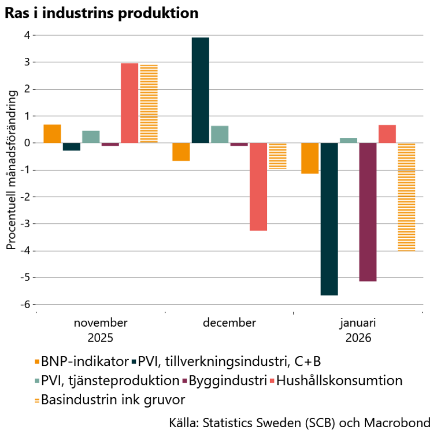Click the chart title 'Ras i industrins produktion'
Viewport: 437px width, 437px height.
[x=101, y=13]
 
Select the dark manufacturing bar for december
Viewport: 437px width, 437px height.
[x=201, y=90]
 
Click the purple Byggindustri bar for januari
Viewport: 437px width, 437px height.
[x=368, y=212]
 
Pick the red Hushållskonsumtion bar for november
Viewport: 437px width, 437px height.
[x=129, y=103]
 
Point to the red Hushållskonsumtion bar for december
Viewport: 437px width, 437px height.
[x=258, y=187]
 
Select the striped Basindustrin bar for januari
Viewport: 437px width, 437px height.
[x=406, y=197]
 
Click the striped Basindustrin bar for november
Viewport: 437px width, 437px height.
[x=149, y=103]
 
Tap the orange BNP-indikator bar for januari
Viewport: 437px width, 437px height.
[x=310, y=158]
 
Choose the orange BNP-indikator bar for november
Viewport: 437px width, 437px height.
[x=52, y=134]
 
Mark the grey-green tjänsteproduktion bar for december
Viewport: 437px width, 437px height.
[x=220, y=134]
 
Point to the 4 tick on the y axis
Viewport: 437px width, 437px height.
[x=27, y=35]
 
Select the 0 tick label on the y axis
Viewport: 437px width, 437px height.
[x=27, y=143]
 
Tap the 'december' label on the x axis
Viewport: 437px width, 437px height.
[x=229, y=323]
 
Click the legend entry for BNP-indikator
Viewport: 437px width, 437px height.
[x=82, y=362]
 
